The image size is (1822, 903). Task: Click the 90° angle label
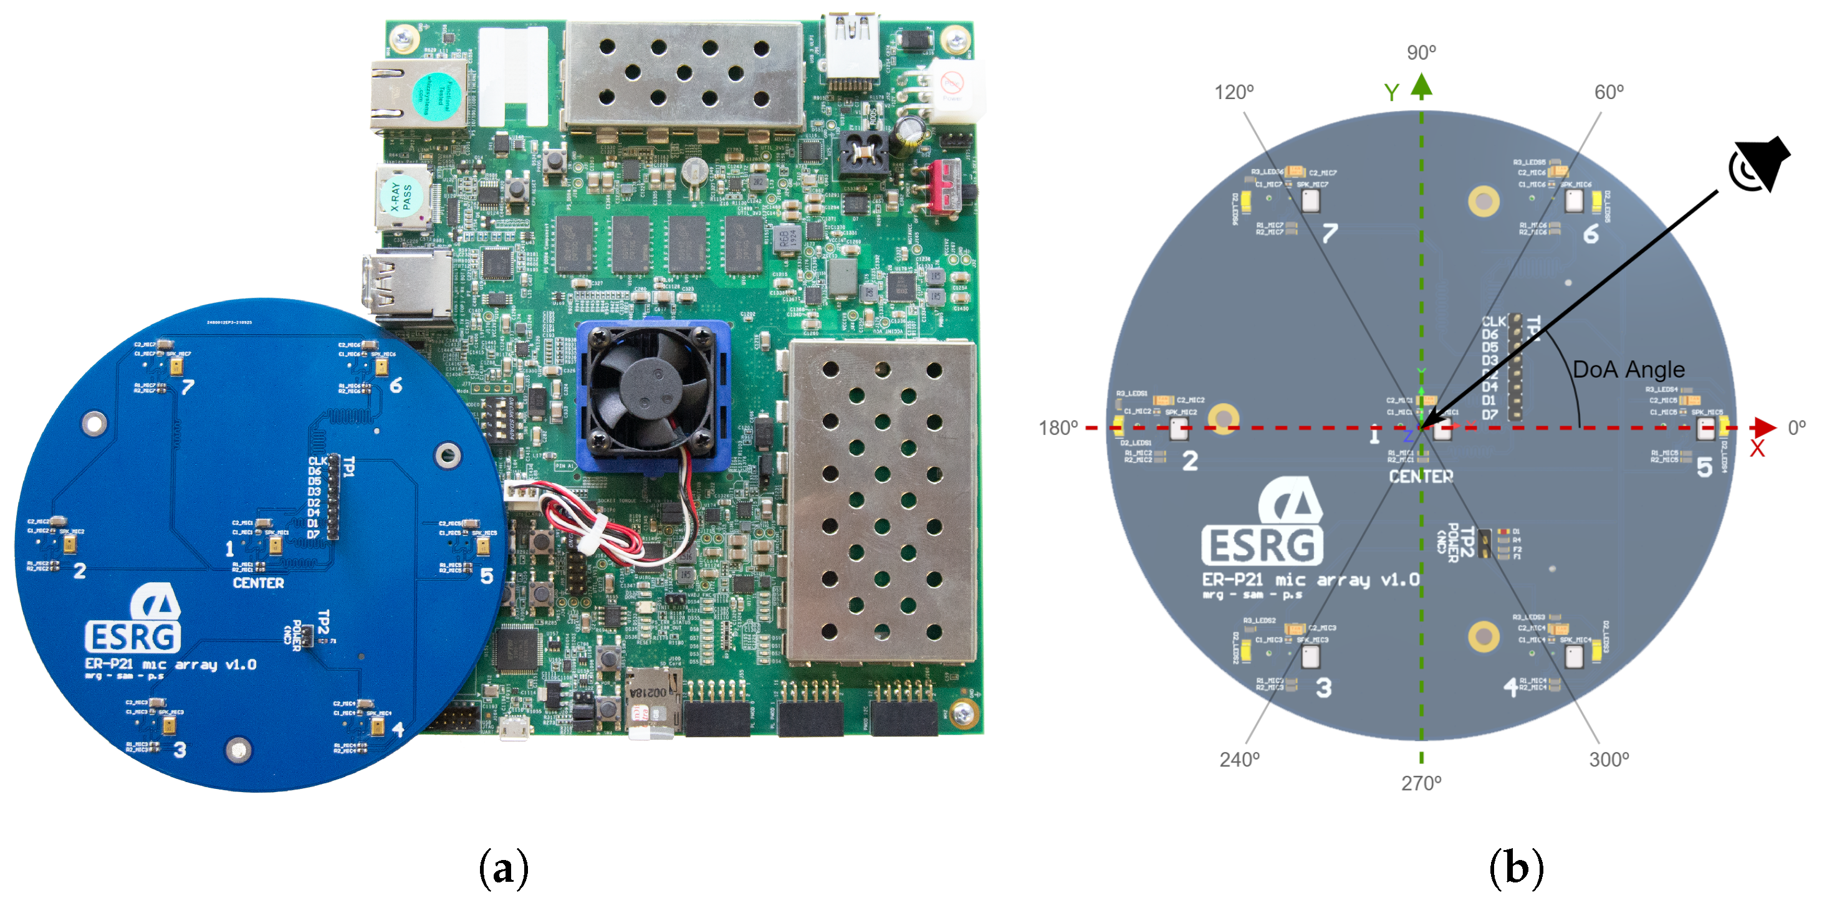1421,52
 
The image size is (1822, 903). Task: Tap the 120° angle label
1234,92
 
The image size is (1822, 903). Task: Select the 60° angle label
1608,92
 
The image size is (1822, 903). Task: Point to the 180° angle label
1057,428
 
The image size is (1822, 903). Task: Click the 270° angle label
1421,783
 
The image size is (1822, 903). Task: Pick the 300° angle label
1608,760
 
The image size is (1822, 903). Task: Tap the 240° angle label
1239,760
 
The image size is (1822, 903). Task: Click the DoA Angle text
1628,369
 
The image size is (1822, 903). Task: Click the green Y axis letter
1391,93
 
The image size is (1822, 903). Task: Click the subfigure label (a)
504,868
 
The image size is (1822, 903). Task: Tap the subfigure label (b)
1516,868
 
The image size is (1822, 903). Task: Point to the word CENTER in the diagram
1421,477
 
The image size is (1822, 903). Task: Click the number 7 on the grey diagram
1330,232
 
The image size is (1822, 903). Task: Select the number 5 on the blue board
487,576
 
